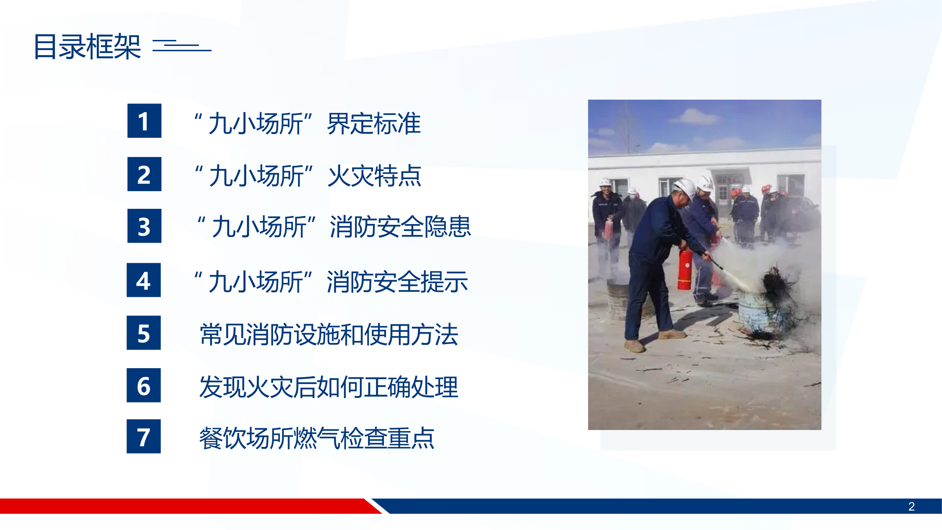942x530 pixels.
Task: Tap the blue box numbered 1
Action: [x=144, y=121]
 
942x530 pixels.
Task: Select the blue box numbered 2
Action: [x=144, y=174]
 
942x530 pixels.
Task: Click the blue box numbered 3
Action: [x=144, y=226]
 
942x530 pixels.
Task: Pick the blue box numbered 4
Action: [x=143, y=280]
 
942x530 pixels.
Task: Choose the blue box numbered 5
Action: [x=143, y=332]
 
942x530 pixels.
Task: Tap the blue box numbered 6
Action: [x=143, y=385]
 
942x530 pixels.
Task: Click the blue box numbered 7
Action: [x=143, y=436]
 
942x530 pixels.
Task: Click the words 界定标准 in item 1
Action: [x=374, y=124]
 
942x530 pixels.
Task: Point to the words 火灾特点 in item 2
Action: [x=374, y=176]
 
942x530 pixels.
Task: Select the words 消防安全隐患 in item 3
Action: [x=400, y=227]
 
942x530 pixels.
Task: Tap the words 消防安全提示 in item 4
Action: [x=397, y=282]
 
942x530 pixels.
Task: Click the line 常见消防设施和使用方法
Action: [x=329, y=334]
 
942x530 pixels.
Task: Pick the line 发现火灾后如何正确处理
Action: [x=329, y=387]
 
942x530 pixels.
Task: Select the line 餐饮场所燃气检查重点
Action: [x=317, y=438]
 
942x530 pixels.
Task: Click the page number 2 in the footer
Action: [x=911, y=506]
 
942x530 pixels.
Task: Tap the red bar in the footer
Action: [x=183, y=506]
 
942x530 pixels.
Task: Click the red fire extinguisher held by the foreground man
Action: [x=685, y=270]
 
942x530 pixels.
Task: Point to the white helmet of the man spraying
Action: [x=685, y=188]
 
